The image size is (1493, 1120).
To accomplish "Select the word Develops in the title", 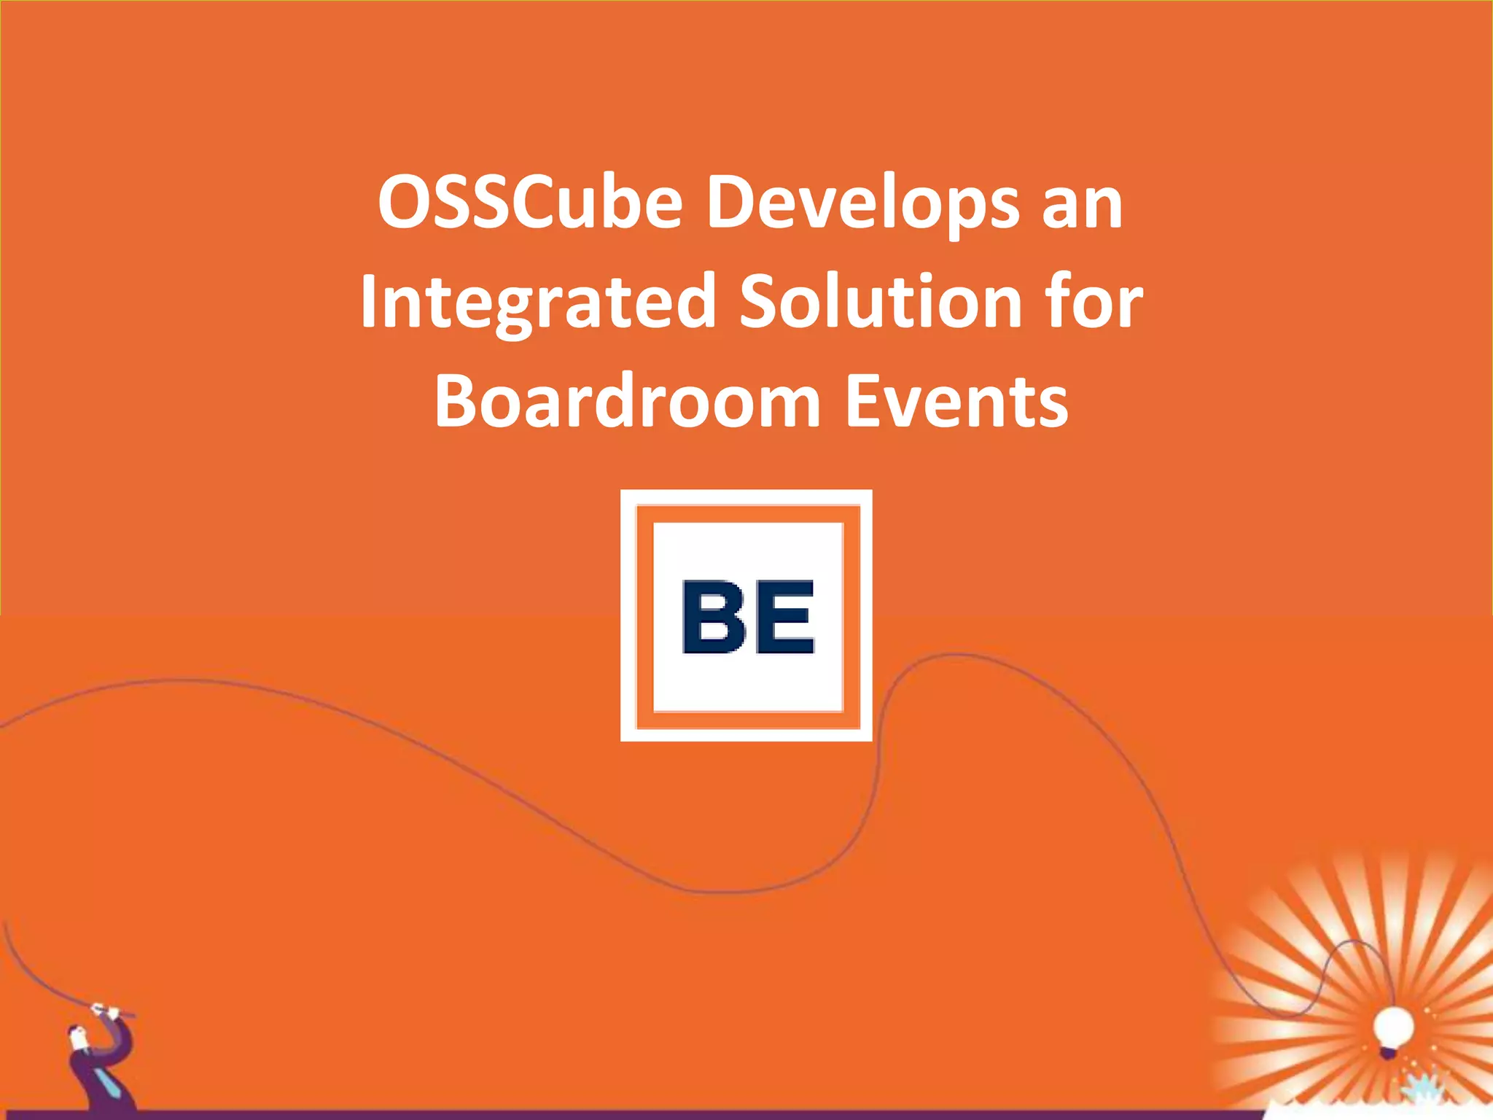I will coord(863,204).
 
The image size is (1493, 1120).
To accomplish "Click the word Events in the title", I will coord(957,402).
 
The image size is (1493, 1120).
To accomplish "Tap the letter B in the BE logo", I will coord(714,617).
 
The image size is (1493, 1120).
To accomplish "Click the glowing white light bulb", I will coord(1393,1027).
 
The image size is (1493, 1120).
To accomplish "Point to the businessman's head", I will coord(76,1035).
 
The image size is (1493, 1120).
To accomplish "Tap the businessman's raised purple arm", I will coord(117,1035).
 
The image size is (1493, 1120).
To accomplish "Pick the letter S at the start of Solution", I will coord(760,302).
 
